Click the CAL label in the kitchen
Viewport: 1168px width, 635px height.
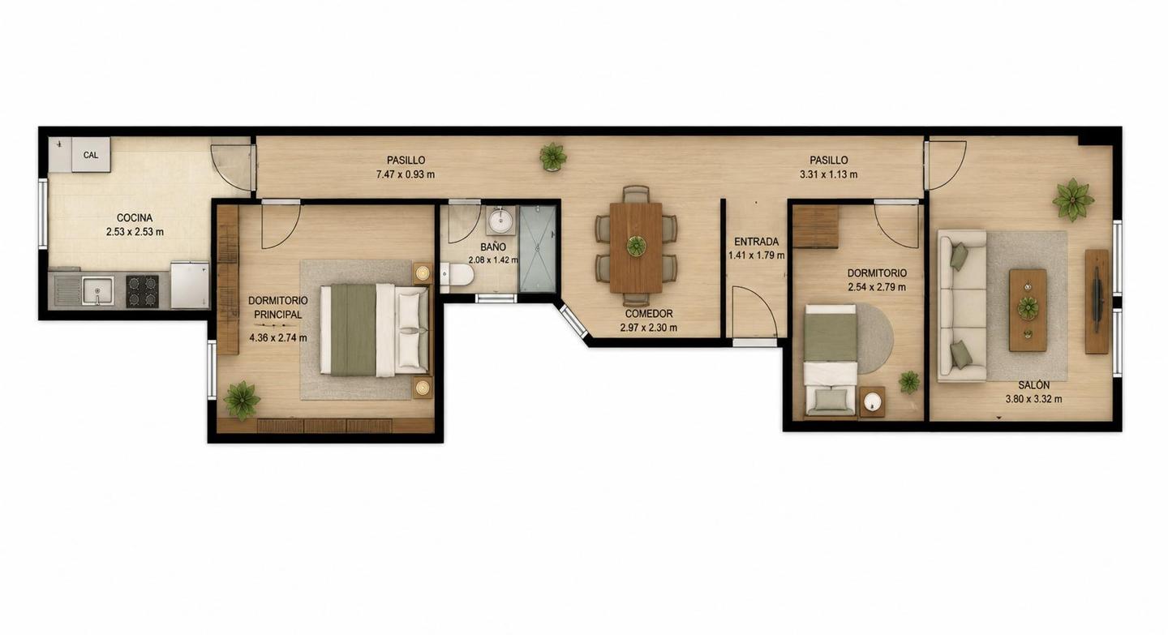[91, 155]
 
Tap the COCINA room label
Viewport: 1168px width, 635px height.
[135, 218]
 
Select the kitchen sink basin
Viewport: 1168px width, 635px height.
[97, 290]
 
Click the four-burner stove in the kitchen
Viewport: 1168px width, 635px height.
[143, 291]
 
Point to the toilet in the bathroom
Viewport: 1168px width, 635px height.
[457, 274]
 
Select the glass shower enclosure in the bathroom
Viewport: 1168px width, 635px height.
[537, 248]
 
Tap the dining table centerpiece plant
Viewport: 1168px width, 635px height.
[636, 245]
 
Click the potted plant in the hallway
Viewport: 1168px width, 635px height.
[552, 156]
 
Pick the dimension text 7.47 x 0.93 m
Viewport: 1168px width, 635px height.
[406, 174]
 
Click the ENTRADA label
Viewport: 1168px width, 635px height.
[756, 242]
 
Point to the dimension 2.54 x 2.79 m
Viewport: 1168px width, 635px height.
[877, 287]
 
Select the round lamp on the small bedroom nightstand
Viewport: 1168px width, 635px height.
[873, 402]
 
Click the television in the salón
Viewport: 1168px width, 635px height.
[1097, 301]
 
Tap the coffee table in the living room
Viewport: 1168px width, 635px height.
[1028, 310]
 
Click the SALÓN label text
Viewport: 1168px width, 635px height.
[1033, 385]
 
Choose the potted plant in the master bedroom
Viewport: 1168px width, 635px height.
[242, 401]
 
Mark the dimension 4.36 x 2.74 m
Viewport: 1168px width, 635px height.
[278, 338]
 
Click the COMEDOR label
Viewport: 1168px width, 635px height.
[649, 314]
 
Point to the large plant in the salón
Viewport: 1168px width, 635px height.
[1072, 200]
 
